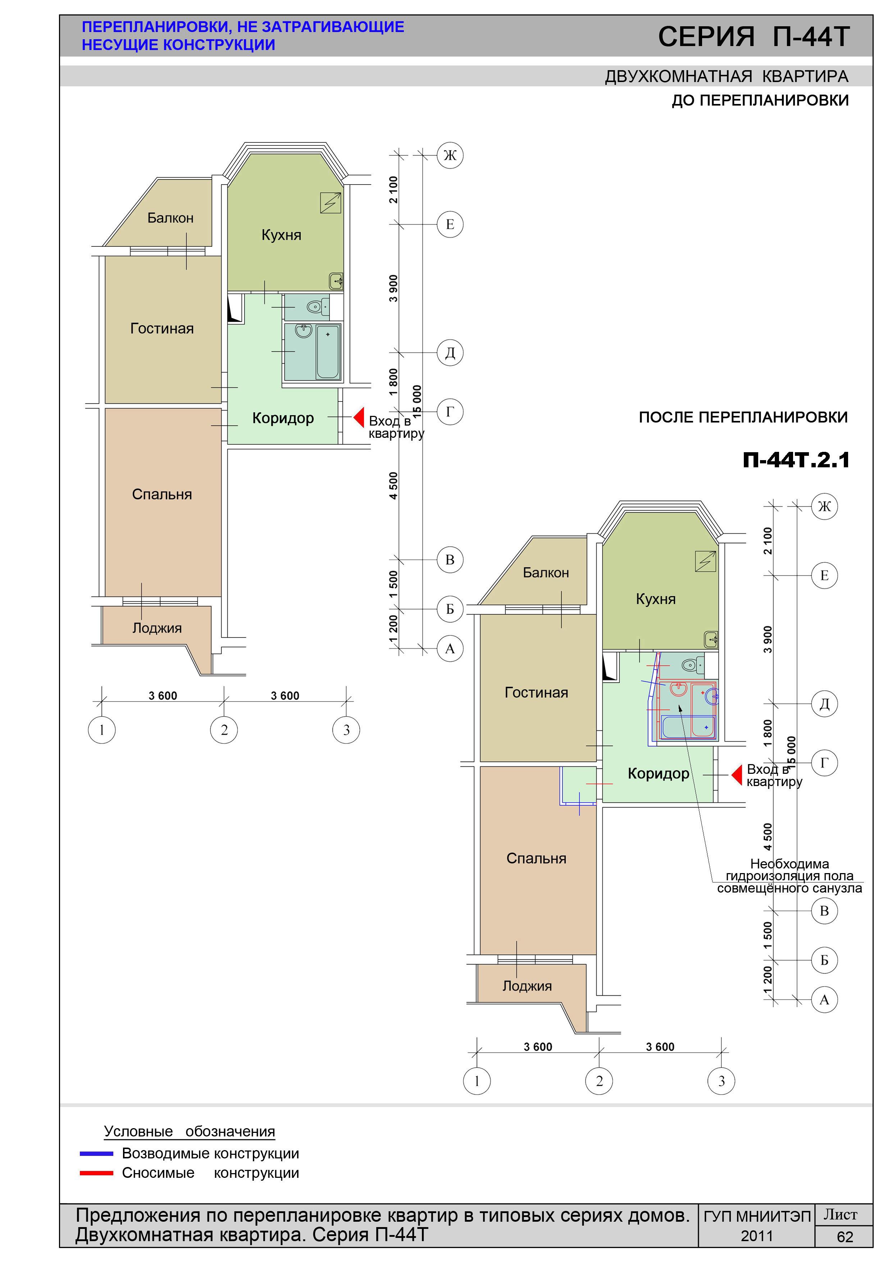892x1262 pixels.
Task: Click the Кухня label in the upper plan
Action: (x=281, y=235)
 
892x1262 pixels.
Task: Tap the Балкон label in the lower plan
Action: (x=546, y=573)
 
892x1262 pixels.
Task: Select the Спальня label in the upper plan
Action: (x=162, y=494)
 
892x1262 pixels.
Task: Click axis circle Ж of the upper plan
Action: (x=450, y=155)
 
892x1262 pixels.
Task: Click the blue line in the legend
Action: (x=97, y=1154)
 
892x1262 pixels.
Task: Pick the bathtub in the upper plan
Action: (x=328, y=351)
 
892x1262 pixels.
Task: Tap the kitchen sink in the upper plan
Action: (x=336, y=281)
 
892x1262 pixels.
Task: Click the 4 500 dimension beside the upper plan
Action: (x=393, y=486)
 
